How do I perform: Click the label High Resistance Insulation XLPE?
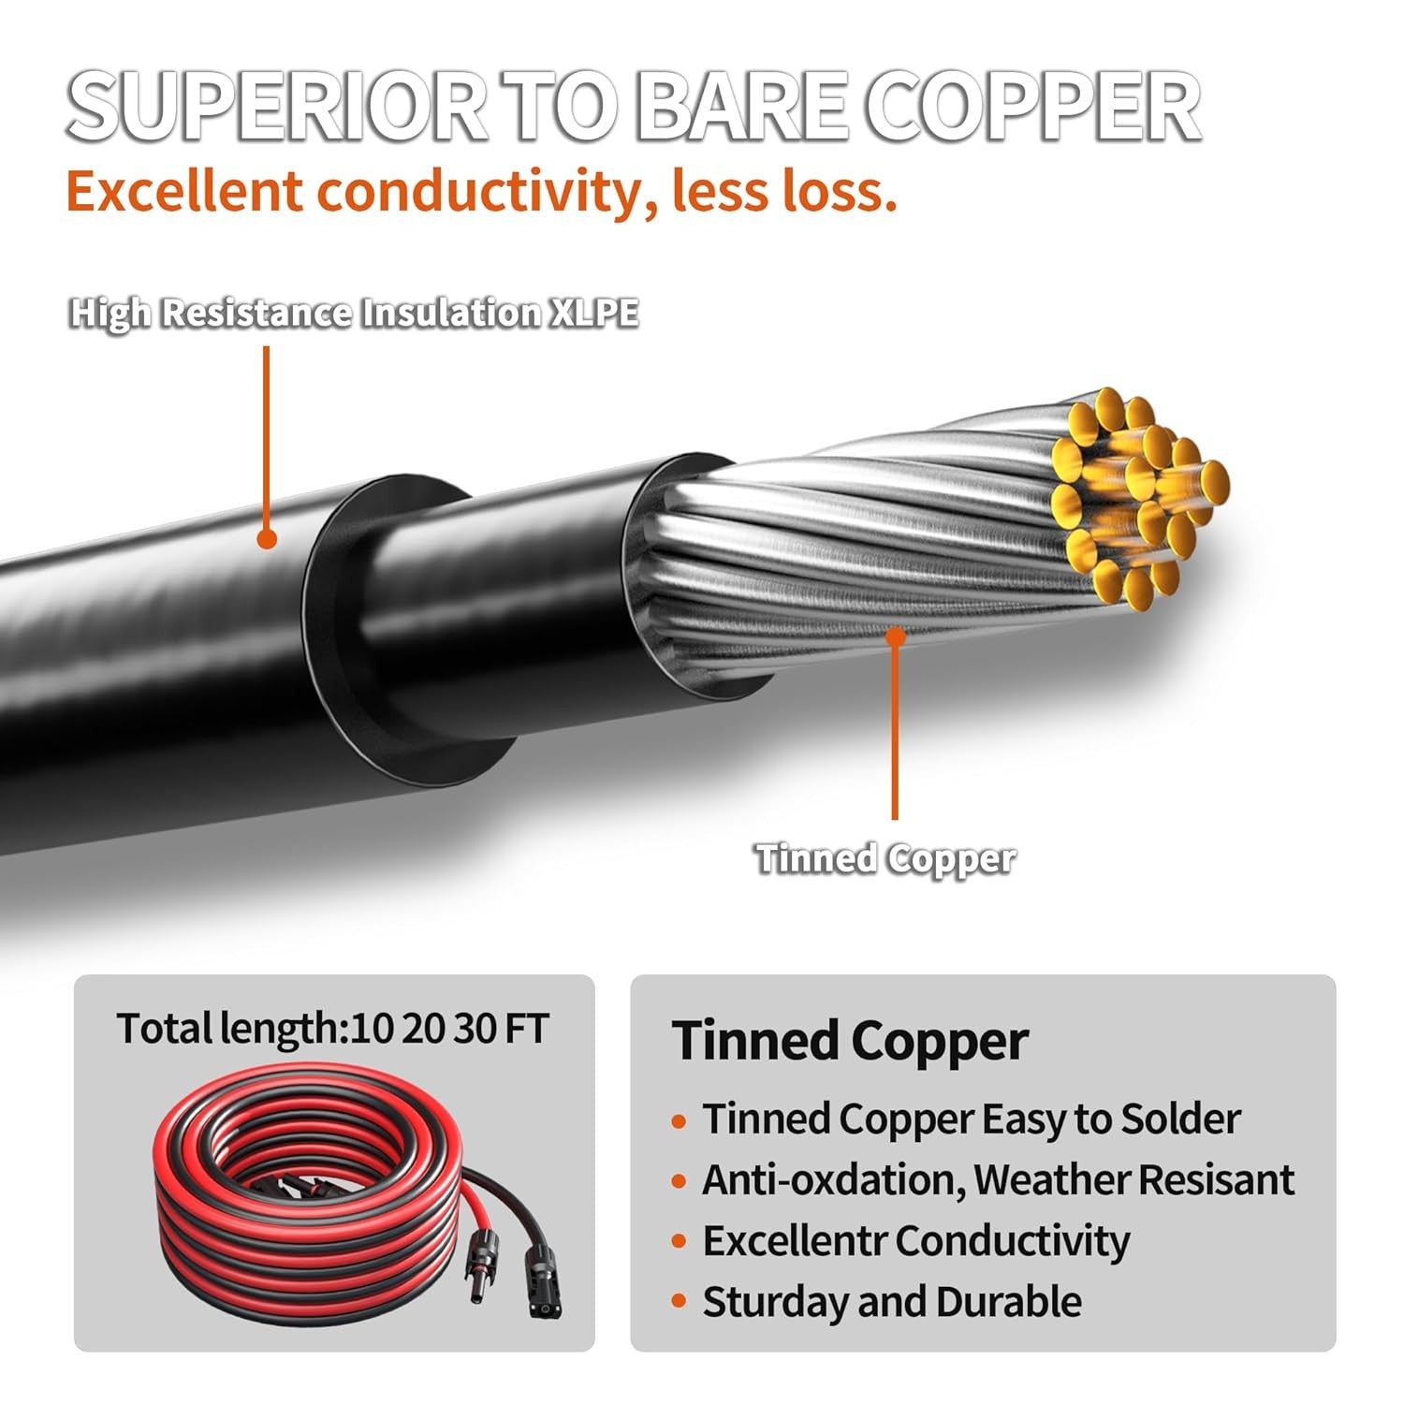[x=354, y=313]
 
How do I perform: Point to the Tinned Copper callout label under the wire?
[x=885, y=858]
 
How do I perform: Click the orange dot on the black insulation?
[x=267, y=539]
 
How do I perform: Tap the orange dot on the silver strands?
[x=896, y=636]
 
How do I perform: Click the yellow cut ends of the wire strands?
[x=1138, y=496]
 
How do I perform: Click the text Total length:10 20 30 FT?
[x=332, y=1029]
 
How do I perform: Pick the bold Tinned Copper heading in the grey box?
[x=850, y=1041]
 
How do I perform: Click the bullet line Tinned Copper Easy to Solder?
[x=971, y=1119]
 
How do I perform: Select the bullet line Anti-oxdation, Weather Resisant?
[x=998, y=1180]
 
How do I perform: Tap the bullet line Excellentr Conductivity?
[x=915, y=1241]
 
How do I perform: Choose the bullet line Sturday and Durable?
[x=891, y=1302]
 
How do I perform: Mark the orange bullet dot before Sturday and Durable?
[x=680, y=1303]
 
